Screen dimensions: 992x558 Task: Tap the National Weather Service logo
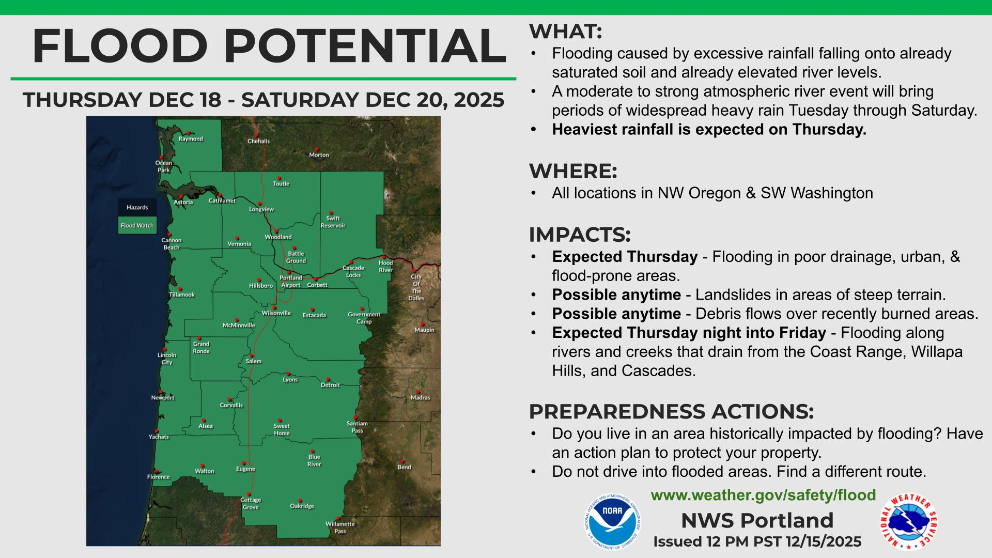(x=909, y=522)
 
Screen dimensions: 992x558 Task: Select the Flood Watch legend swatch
(x=137, y=225)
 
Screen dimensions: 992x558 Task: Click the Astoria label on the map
(x=183, y=202)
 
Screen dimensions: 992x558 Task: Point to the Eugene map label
(x=245, y=469)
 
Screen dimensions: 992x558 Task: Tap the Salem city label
(x=254, y=361)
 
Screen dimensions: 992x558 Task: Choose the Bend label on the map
(x=404, y=467)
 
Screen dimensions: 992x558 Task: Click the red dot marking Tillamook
(x=180, y=289)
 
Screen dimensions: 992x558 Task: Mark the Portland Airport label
(x=291, y=282)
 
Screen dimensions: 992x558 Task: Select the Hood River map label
(x=385, y=267)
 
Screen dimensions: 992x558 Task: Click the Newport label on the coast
(x=163, y=398)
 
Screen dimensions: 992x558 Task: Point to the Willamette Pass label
(x=340, y=528)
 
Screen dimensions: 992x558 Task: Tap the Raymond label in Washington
(x=191, y=139)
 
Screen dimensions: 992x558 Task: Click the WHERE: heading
(x=573, y=171)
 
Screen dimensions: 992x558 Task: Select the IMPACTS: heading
(x=580, y=235)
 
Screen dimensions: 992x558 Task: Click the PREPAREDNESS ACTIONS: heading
(x=671, y=412)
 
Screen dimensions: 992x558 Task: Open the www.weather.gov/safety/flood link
(x=763, y=495)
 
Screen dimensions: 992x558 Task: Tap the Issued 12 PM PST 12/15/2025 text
(x=757, y=541)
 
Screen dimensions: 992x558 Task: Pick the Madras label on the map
(x=420, y=398)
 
